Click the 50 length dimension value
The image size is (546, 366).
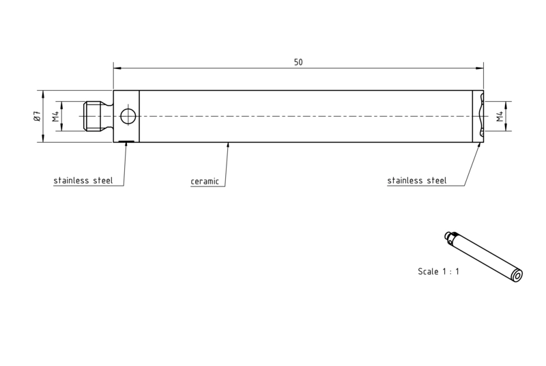click(x=298, y=62)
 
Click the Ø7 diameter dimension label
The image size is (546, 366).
click(x=38, y=116)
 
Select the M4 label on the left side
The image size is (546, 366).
click(x=56, y=116)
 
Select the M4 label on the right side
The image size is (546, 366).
click(x=500, y=116)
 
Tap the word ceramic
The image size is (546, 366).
click(x=205, y=182)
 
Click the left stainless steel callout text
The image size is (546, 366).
click(x=83, y=180)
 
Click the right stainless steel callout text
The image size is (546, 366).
click(x=417, y=180)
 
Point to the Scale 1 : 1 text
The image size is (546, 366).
click(x=438, y=271)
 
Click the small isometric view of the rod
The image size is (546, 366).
click(x=484, y=256)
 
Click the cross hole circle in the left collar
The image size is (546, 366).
click(x=128, y=109)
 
